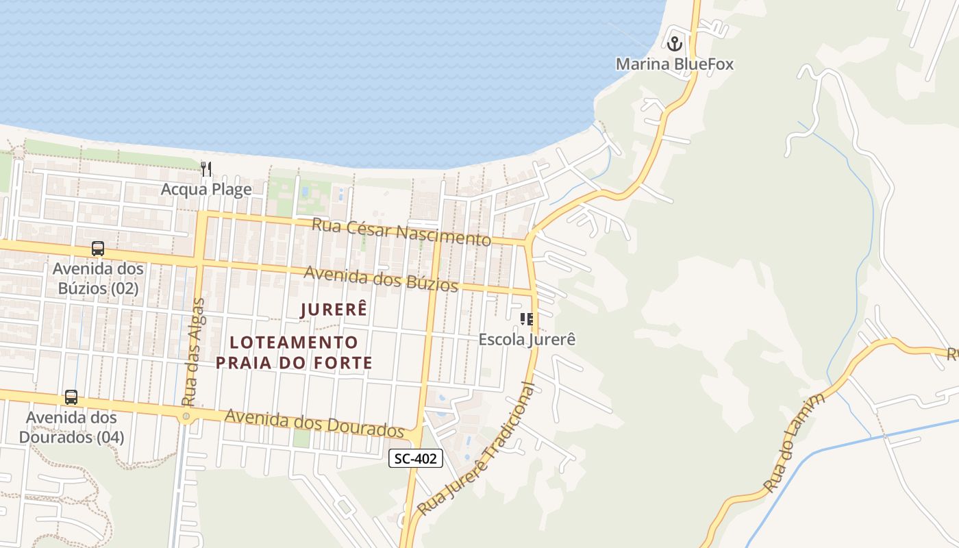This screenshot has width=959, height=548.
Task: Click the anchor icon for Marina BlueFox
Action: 675,44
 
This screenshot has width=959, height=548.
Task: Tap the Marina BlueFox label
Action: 674,64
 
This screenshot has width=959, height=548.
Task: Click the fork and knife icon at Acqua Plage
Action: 206,169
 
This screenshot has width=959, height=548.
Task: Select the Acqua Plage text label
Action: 206,189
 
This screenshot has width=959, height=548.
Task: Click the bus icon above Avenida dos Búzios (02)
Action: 98,249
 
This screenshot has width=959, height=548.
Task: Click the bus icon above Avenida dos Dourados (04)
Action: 71,397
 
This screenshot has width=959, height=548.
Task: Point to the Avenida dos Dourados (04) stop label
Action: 71,427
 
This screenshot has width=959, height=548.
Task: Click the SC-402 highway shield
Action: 416,459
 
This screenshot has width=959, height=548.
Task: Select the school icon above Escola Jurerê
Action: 526,319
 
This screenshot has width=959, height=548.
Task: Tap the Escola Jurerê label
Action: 527,339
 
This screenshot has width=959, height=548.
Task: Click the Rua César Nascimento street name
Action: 401,232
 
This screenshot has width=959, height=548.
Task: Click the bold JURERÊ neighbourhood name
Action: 334,310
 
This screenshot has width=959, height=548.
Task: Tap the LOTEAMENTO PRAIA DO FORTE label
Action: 294,352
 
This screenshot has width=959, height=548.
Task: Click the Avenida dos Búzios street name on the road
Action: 381,277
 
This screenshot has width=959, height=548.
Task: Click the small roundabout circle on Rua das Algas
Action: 186,416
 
